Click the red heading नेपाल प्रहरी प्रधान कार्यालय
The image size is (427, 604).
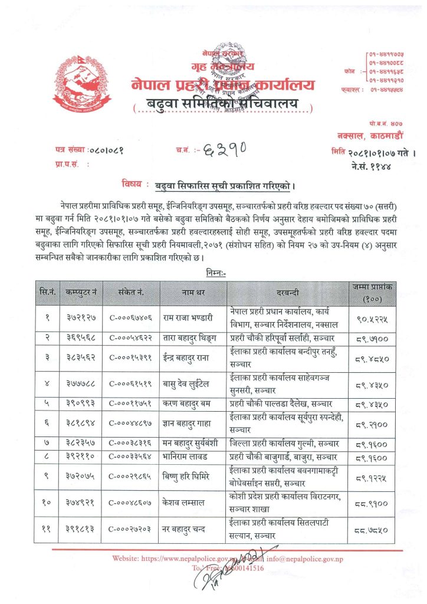pyautogui.click(x=224, y=84)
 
